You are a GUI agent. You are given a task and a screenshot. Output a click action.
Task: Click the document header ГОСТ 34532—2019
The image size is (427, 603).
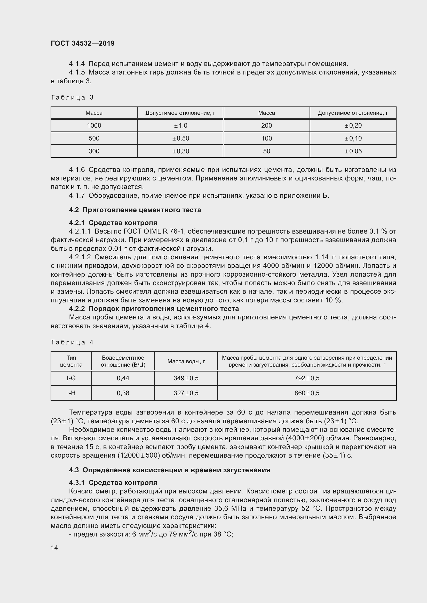pos(83,43)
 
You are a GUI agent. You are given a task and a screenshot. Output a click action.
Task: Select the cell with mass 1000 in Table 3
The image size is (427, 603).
pos(94,126)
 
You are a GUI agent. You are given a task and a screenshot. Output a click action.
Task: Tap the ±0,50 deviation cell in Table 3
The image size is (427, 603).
pos(180,138)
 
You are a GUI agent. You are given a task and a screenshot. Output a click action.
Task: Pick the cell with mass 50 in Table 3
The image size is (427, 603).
pos(266,151)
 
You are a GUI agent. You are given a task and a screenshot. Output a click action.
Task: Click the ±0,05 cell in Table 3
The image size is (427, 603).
pos(353,151)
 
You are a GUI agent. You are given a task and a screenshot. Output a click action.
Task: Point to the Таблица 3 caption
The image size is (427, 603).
pos(72,97)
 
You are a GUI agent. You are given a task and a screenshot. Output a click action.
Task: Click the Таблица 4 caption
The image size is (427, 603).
pos(72,342)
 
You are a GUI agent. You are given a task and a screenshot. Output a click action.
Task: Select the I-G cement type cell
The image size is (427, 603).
pos(71,378)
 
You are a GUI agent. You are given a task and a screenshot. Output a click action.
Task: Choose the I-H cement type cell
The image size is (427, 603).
pos(71,393)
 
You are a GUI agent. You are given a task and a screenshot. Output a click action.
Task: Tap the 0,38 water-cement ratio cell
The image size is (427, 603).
pos(123,393)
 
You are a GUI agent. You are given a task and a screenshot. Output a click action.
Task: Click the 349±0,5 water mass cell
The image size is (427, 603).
pos(186,378)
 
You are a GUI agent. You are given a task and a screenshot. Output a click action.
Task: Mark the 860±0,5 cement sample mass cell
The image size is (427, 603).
pos(307,393)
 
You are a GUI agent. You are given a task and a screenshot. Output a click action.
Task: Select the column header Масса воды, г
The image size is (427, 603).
pos(186,361)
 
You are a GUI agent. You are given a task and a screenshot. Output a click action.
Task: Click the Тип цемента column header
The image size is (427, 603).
pos(71,361)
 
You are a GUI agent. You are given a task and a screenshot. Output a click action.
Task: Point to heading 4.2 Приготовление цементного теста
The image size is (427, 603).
pos(135,210)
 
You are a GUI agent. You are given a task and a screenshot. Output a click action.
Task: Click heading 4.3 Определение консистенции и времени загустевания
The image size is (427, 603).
pos(169,470)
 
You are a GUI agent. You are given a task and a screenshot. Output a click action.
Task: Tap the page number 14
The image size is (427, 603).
pos(54,548)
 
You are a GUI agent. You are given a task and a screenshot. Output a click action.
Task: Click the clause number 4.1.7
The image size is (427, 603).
pos(77,195)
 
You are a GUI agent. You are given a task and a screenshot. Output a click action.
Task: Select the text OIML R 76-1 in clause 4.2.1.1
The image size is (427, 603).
pos(163,231)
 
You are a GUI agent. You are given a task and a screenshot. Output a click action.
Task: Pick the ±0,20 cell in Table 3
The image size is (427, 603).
pos(353,126)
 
